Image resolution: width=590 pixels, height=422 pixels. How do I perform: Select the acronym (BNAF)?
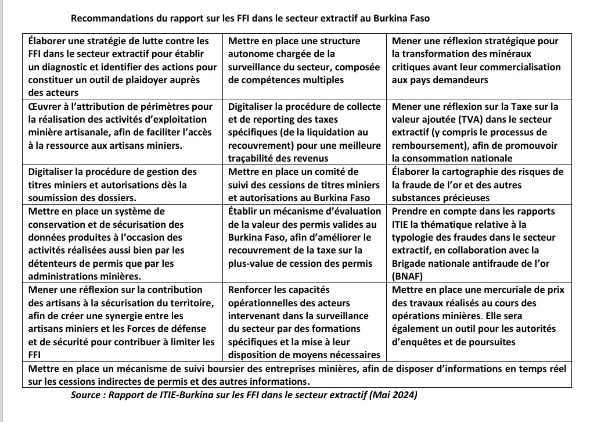point(407,276)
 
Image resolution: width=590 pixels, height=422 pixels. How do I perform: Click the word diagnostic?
point(67,67)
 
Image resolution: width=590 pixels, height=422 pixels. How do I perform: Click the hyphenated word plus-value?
point(252,263)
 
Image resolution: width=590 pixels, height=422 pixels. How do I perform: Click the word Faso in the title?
point(418,18)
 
